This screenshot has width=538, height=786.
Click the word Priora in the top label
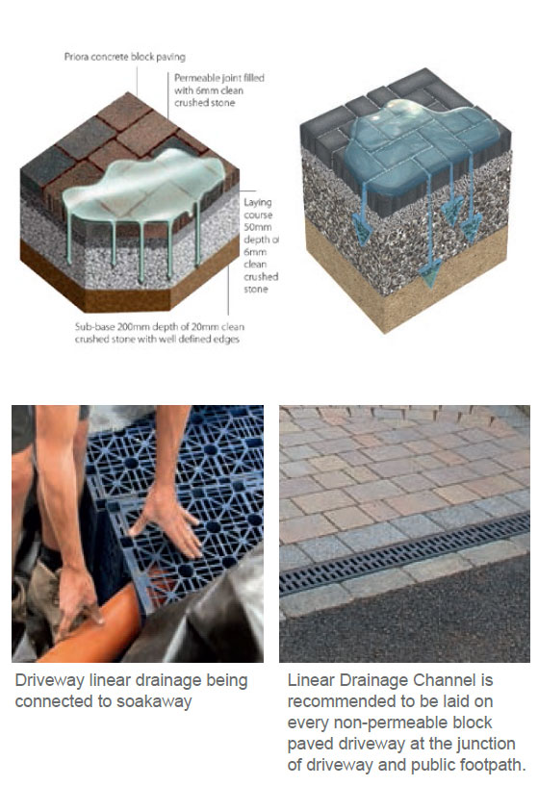coord(77,57)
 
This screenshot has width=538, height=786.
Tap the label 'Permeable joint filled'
coord(219,78)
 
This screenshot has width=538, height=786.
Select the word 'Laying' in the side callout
coord(258,203)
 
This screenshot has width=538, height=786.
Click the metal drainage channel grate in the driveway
coord(404,554)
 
